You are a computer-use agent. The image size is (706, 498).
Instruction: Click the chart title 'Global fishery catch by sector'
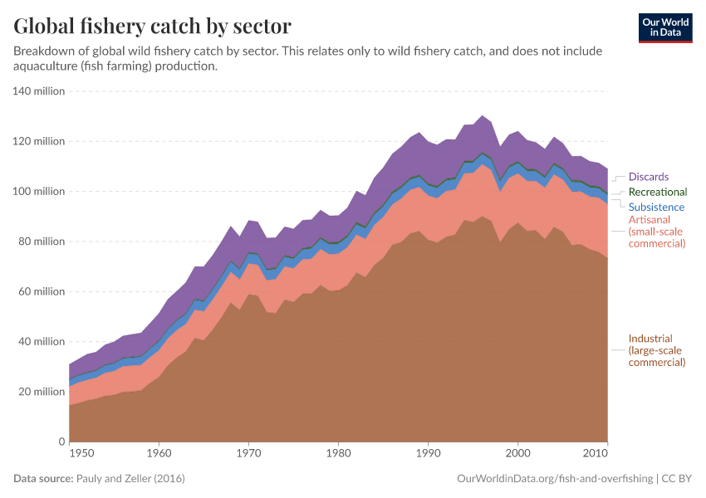(x=152, y=26)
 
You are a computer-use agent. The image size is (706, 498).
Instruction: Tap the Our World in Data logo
(x=664, y=27)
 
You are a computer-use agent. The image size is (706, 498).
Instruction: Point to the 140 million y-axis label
(x=39, y=91)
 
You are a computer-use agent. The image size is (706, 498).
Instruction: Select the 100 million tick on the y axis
(x=39, y=192)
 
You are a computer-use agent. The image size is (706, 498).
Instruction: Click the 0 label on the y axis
(x=61, y=442)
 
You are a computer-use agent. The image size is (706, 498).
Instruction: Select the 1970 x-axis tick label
(x=248, y=454)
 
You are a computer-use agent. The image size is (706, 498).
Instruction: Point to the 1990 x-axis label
(x=428, y=454)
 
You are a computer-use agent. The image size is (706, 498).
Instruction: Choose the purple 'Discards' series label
(x=649, y=177)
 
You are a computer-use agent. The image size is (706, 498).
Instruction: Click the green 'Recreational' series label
(x=658, y=192)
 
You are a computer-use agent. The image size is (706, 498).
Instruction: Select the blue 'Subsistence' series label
(x=656, y=207)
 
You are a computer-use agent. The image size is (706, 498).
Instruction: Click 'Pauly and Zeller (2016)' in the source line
(x=130, y=479)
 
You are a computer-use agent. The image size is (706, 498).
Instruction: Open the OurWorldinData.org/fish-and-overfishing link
(x=555, y=479)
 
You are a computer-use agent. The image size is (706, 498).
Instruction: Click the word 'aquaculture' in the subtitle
(x=46, y=67)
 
